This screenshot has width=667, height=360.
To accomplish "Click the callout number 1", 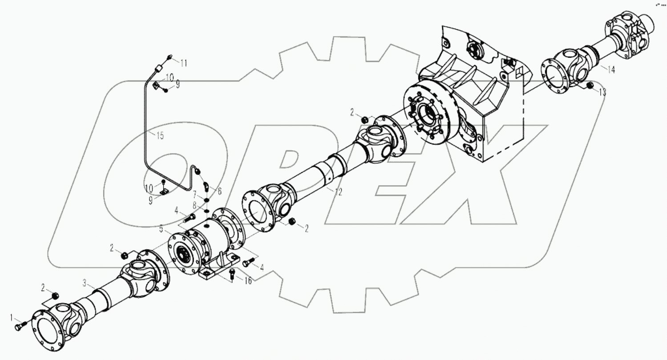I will (12, 317).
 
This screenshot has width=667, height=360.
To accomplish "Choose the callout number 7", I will (194, 195).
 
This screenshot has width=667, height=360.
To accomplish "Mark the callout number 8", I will (194, 205).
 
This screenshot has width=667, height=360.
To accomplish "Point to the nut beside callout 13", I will (590, 85).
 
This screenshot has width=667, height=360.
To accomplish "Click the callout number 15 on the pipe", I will (160, 136).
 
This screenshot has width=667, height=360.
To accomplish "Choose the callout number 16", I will (247, 281).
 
